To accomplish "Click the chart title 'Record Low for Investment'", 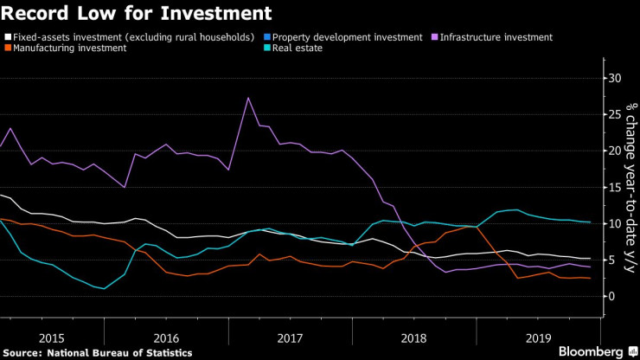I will click(x=138, y=14).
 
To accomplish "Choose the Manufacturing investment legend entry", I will click(x=68, y=48).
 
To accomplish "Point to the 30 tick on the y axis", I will click(x=615, y=79).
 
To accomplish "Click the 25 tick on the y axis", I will click(x=615, y=115).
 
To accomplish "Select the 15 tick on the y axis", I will click(x=615, y=188).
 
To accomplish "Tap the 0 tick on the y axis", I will click(x=611, y=297).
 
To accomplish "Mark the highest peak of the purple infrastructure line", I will click(x=248, y=98).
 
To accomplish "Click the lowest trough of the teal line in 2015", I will click(x=105, y=289).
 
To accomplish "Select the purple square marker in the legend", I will click(x=435, y=38).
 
